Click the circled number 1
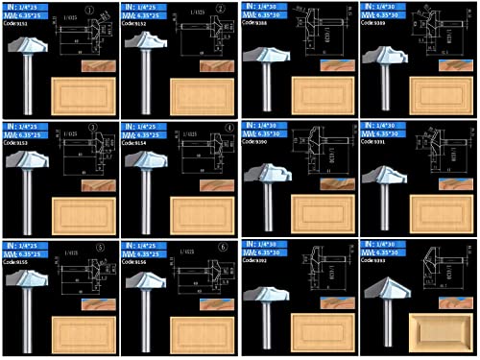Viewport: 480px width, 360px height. [90, 13]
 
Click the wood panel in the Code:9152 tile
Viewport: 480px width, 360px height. [204, 96]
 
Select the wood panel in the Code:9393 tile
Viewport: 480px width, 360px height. [444, 332]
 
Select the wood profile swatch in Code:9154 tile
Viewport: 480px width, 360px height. [219, 182]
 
